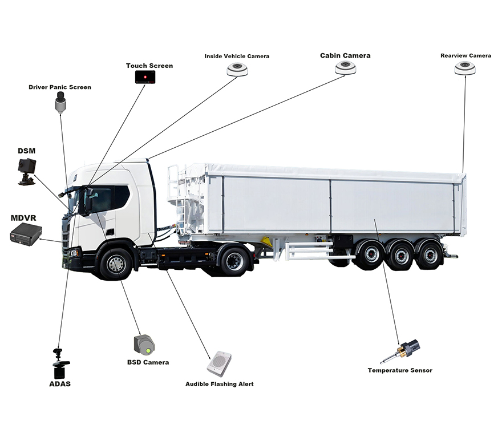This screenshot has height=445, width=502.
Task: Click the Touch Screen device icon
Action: (x=145, y=77)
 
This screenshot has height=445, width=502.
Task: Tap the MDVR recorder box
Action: (x=26, y=234)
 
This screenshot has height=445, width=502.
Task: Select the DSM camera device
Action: (x=27, y=171)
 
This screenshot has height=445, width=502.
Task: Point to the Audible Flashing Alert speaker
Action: (x=219, y=364)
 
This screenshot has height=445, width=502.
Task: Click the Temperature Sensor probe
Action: (x=400, y=351)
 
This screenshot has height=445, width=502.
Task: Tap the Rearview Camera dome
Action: (x=465, y=68)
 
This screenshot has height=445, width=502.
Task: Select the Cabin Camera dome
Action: (x=346, y=68)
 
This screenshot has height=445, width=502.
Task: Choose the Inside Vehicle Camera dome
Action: (x=237, y=69)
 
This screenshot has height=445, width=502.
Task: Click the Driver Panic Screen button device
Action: (x=60, y=102)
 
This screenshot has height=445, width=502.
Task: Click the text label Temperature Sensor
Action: (x=400, y=370)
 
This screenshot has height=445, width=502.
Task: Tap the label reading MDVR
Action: (x=23, y=218)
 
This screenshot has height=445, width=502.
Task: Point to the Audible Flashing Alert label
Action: (x=220, y=384)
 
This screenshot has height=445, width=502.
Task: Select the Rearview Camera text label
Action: (x=466, y=56)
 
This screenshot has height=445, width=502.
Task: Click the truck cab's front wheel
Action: (x=116, y=264)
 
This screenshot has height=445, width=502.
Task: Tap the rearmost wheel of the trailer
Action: (x=429, y=255)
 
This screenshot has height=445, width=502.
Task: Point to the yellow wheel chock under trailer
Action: (x=266, y=242)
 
